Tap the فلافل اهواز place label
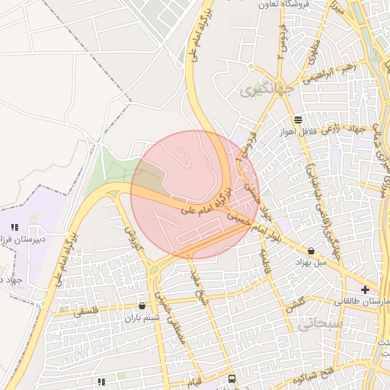(298, 132)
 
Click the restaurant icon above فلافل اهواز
(298, 120)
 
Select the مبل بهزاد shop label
(311, 261)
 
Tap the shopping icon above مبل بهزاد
(311, 250)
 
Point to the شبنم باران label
(142, 318)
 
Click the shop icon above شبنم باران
(142, 306)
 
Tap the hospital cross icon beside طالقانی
(366, 289)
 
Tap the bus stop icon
(232, 379)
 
